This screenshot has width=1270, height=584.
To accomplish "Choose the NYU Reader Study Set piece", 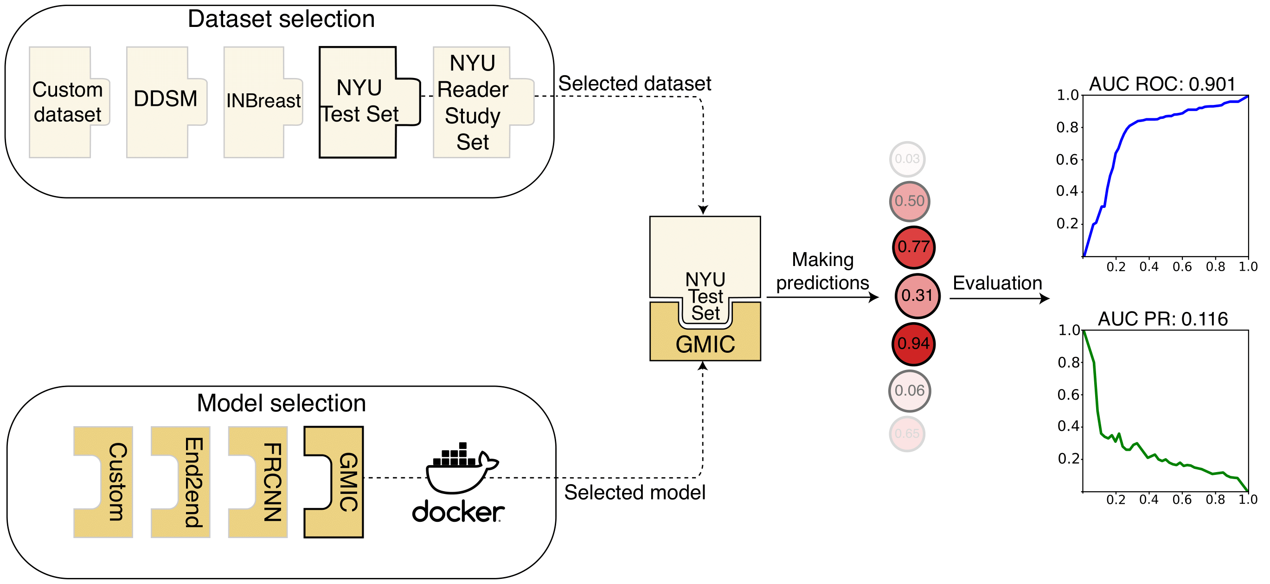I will click(x=472, y=102).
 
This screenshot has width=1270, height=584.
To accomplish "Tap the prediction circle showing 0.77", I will click(x=914, y=247).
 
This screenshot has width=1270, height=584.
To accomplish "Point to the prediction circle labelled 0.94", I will click(x=914, y=344).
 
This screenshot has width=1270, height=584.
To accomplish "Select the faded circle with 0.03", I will click(x=907, y=159).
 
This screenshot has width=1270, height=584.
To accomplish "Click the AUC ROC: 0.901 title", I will click(x=1162, y=84).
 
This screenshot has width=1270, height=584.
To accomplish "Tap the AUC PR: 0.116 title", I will click(x=1162, y=319).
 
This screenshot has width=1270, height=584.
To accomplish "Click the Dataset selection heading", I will click(x=281, y=19).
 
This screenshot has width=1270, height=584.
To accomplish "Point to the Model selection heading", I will click(x=281, y=403).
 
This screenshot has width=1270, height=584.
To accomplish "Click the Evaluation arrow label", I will click(x=997, y=283).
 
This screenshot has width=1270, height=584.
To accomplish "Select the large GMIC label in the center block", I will click(x=705, y=344).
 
